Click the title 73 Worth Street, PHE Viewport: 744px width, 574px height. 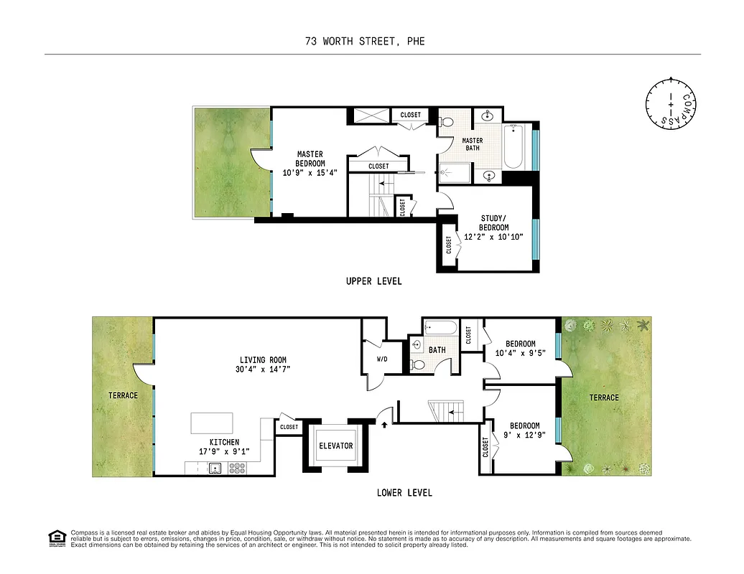364,41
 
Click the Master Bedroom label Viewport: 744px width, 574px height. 310,159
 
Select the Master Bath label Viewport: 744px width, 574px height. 472,144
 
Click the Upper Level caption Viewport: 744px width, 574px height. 373,281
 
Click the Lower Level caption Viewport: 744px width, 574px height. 404,493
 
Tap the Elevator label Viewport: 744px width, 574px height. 335,446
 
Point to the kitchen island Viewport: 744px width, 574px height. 212,423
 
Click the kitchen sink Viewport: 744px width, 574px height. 214,469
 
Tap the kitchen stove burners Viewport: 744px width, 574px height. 237,469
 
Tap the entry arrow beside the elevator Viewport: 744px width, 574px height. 385,425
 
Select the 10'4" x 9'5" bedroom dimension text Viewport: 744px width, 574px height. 520,353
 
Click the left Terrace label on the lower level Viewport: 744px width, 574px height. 123,395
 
